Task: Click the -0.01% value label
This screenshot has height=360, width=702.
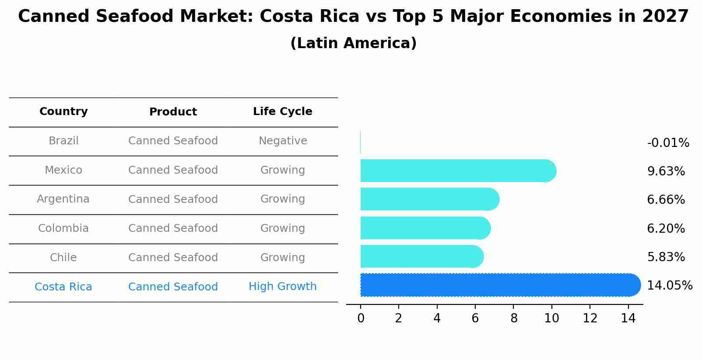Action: point(668,143)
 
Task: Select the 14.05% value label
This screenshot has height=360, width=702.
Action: point(669,286)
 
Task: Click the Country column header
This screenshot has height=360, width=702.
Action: point(63,112)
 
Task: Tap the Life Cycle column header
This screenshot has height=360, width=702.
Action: point(282,112)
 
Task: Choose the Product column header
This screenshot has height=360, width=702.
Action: point(173,112)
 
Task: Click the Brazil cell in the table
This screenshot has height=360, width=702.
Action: point(63,141)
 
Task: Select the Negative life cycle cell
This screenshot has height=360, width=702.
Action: point(282,141)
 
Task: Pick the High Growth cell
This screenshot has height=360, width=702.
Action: point(282,287)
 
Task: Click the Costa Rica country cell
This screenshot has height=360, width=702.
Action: point(63,287)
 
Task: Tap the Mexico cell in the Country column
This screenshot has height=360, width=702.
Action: point(63,170)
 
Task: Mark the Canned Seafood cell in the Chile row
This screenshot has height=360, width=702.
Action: point(173,258)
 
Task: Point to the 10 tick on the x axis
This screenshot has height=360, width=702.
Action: point(551,318)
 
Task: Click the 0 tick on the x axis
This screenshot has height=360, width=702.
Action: point(361,318)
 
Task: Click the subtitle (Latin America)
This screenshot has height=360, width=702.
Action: point(353,43)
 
